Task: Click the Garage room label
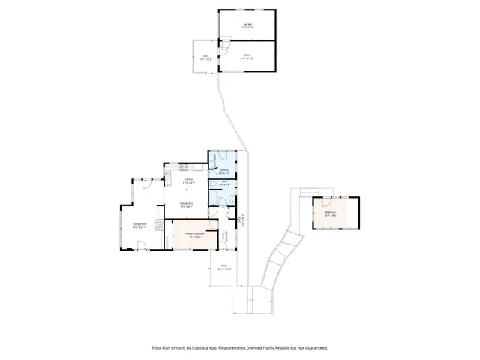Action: click(247, 24)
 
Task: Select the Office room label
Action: click(247, 55)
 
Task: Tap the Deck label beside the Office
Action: click(205, 55)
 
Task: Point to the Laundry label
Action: click(223, 170)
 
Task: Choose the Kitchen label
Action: click(189, 180)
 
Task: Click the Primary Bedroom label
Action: click(195, 233)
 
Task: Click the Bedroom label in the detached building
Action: click(330, 212)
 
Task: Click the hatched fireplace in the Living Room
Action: click(157, 223)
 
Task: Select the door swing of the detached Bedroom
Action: click(326, 200)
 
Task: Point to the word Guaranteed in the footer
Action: click(316, 348)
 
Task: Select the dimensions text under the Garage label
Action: click(247, 28)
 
